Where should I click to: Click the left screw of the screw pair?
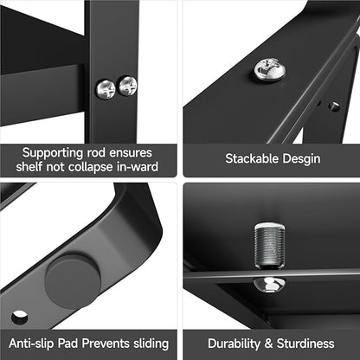(106, 89)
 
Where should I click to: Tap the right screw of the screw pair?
(128, 86)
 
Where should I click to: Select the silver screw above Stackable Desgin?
(270, 69)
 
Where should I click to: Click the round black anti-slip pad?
(73, 281)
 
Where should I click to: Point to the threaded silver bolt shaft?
(270, 246)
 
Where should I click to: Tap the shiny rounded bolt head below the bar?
(269, 285)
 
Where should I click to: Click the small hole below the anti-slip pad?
(19, 318)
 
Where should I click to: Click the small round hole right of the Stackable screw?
(334, 106)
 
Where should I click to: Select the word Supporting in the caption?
(52, 153)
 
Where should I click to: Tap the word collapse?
(90, 167)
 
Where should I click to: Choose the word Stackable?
(252, 158)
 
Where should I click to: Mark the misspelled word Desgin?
(301, 159)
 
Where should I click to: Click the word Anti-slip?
(31, 344)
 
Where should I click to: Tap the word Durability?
(234, 344)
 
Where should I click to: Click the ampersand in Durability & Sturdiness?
(268, 344)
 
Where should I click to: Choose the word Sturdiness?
(305, 344)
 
